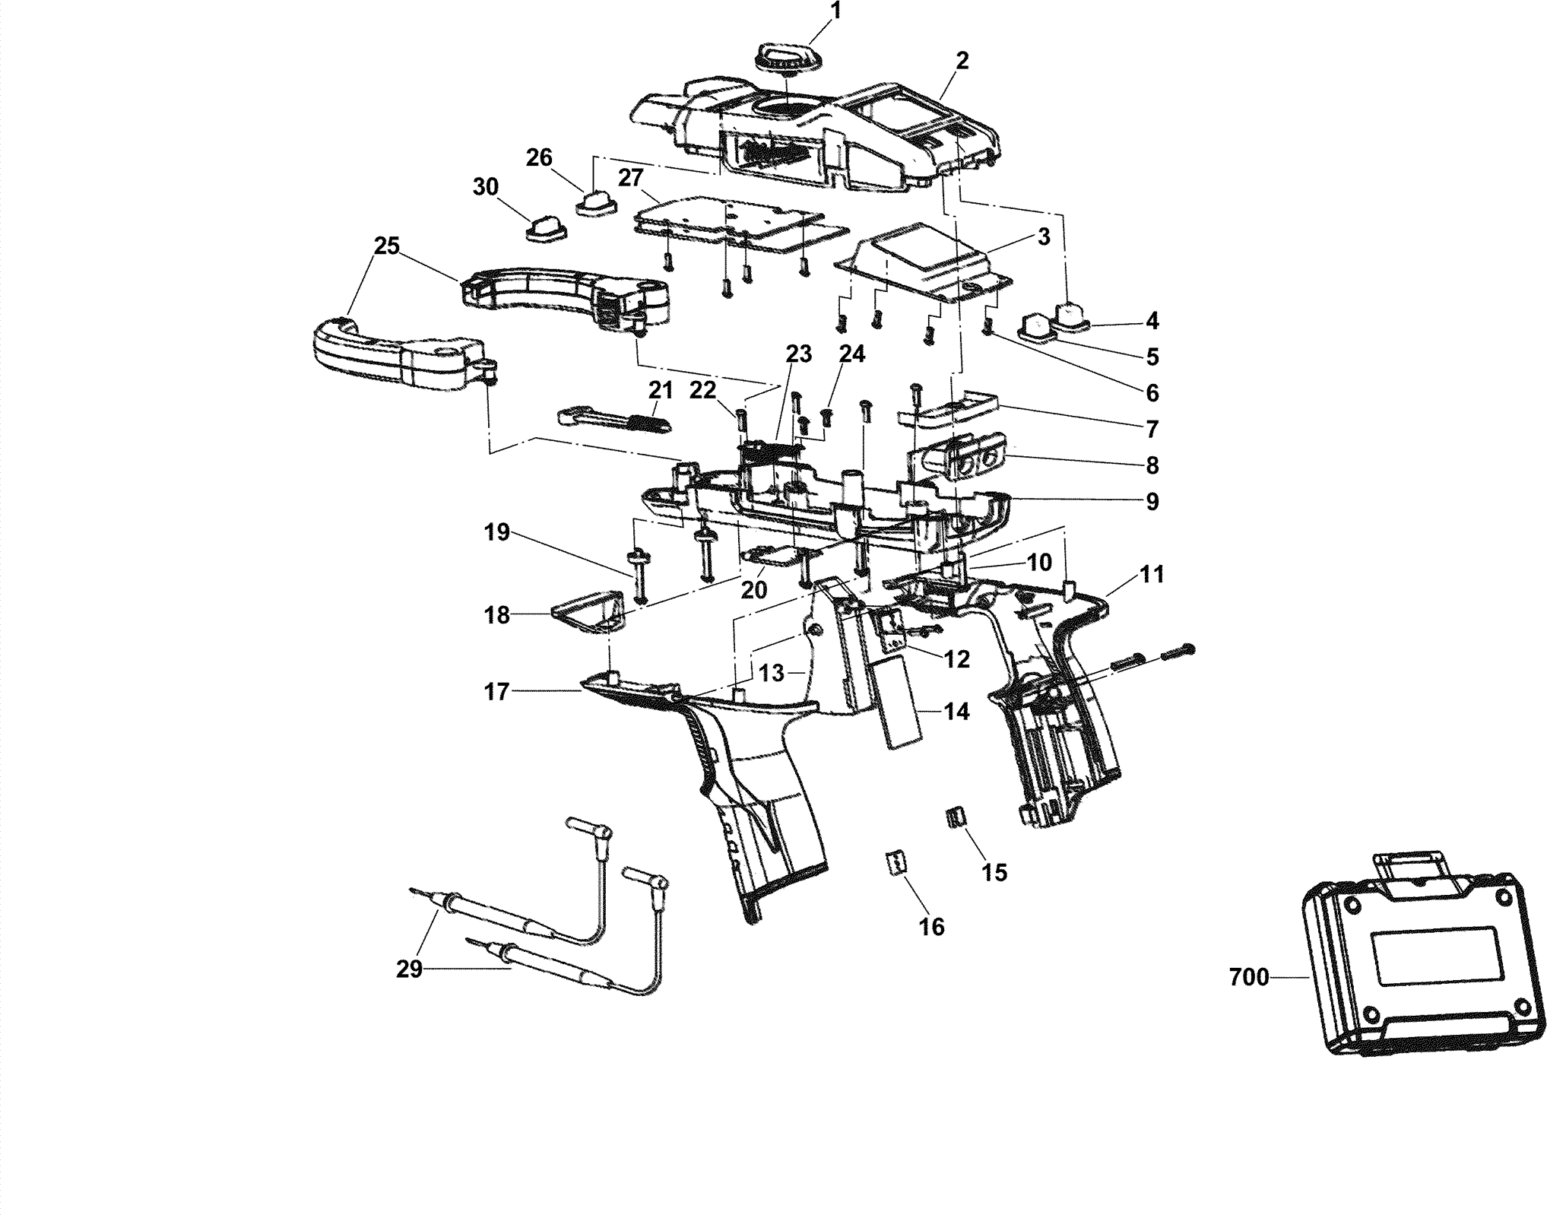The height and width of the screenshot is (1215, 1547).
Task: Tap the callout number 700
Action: pos(1249,978)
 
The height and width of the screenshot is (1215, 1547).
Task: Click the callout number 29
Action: pos(409,970)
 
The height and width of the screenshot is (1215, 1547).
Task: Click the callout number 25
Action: pos(386,246)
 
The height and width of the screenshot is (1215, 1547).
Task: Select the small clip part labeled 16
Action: pos(896,864)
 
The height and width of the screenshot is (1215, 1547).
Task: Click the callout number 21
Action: pos(661,391)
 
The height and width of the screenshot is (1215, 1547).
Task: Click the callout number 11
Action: pos(1152,575)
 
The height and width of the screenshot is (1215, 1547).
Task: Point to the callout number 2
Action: pos(962,62)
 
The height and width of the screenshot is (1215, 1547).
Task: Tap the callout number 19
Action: pos(496,533)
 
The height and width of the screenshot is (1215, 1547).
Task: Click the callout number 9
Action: pos(1152,502)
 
